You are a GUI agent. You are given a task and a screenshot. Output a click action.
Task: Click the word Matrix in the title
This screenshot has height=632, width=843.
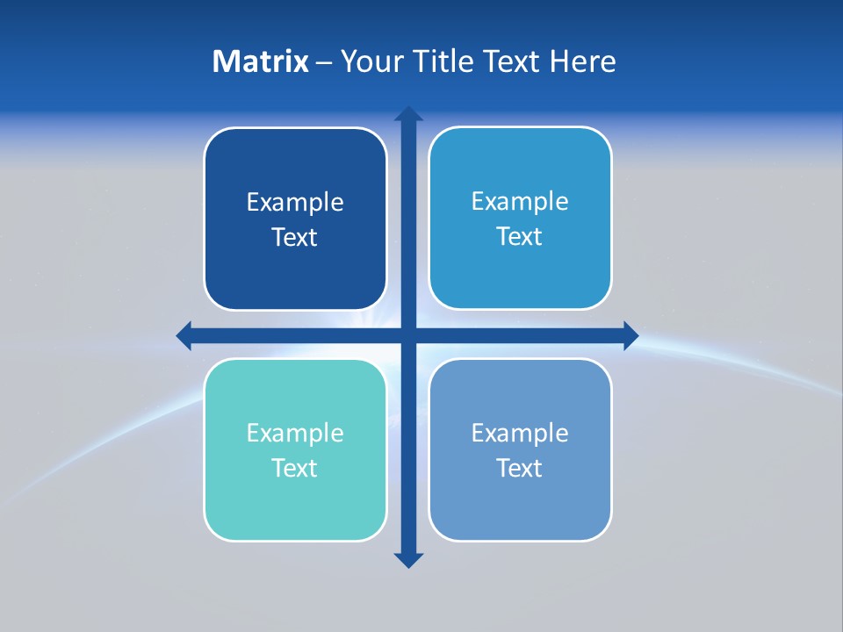coord(260,61)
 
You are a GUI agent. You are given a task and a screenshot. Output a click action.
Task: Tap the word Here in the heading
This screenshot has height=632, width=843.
coord(581,61)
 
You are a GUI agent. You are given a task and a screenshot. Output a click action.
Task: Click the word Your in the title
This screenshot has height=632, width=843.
coord(370,61)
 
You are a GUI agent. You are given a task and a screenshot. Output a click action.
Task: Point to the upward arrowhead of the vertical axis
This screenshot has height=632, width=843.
coord(408,114)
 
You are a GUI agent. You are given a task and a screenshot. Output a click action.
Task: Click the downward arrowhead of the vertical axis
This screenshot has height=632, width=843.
coord(408,560)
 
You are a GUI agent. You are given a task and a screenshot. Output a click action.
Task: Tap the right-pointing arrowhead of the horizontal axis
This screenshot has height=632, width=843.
coord(630,335)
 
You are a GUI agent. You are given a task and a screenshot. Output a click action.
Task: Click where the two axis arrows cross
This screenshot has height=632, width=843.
coord(408,335)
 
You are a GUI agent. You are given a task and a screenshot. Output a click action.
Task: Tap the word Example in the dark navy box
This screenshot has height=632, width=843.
coord(295,203)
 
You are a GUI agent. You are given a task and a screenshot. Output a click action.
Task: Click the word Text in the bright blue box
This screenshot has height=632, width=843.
coord(520,237)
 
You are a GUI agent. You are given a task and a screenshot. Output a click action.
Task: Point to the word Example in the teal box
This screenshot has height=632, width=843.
coord(295,434)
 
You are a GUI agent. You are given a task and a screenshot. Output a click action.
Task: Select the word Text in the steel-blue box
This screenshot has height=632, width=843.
coord(520,468)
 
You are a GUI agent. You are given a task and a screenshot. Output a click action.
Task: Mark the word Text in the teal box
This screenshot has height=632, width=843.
coord(295,468)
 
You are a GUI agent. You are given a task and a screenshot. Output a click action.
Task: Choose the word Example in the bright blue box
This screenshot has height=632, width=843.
coord(520,202)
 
